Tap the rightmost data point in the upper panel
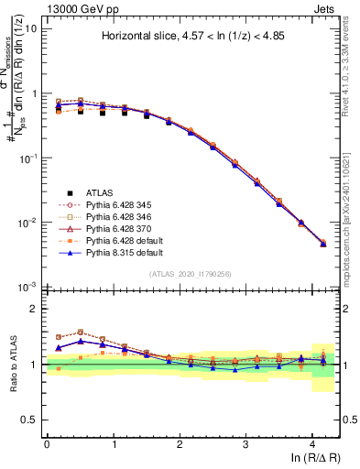click(x=323, y=244)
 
